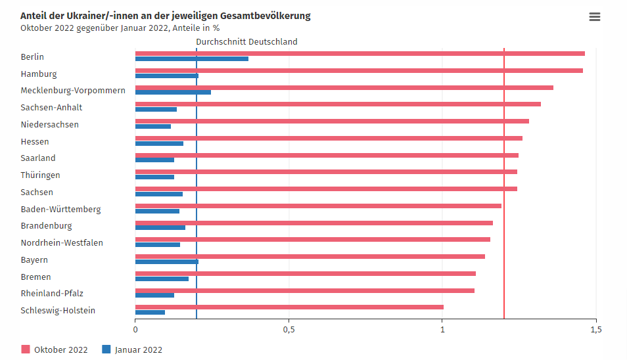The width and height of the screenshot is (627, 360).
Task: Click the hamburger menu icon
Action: pos(595,17)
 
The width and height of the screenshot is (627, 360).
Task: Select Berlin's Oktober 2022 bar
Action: pos(360,53)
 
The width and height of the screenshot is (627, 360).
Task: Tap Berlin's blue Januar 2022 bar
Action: pos(191,59)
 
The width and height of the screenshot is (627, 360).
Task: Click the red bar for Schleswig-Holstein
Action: pos(289,307)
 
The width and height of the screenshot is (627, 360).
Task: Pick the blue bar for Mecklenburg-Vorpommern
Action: pos(173,93)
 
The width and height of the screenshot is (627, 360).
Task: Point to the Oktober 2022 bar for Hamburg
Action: pos(359,70)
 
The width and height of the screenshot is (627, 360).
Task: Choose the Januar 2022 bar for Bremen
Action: pos(162,279)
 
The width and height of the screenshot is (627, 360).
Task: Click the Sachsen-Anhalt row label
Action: pos(51,108)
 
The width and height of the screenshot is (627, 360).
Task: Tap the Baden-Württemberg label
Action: pos(60,210)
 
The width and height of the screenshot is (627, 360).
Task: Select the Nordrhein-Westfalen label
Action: pos(62,243)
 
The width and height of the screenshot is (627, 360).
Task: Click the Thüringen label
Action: pos(40,175)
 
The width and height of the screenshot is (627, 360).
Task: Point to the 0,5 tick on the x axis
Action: pos(289,329)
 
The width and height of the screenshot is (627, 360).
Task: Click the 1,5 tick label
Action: pos(595,329)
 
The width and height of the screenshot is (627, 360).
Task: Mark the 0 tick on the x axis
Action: pos(135,329)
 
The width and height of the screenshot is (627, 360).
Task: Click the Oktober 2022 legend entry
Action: pos(55,349)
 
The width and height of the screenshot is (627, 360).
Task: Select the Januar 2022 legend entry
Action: pos(132,349)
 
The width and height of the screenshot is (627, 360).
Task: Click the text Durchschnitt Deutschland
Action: pos(246,41)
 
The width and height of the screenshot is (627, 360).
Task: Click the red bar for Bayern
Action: pos(310,256)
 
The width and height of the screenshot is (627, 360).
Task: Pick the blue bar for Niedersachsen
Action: pos(152,127)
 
